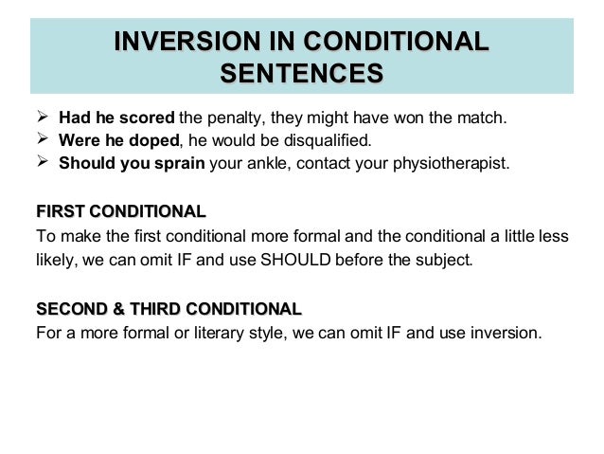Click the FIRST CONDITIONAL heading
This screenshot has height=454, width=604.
(120, 210)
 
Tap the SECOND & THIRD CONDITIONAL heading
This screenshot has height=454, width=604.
(169, 309)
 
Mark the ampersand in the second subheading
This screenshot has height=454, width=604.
(115, 309)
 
